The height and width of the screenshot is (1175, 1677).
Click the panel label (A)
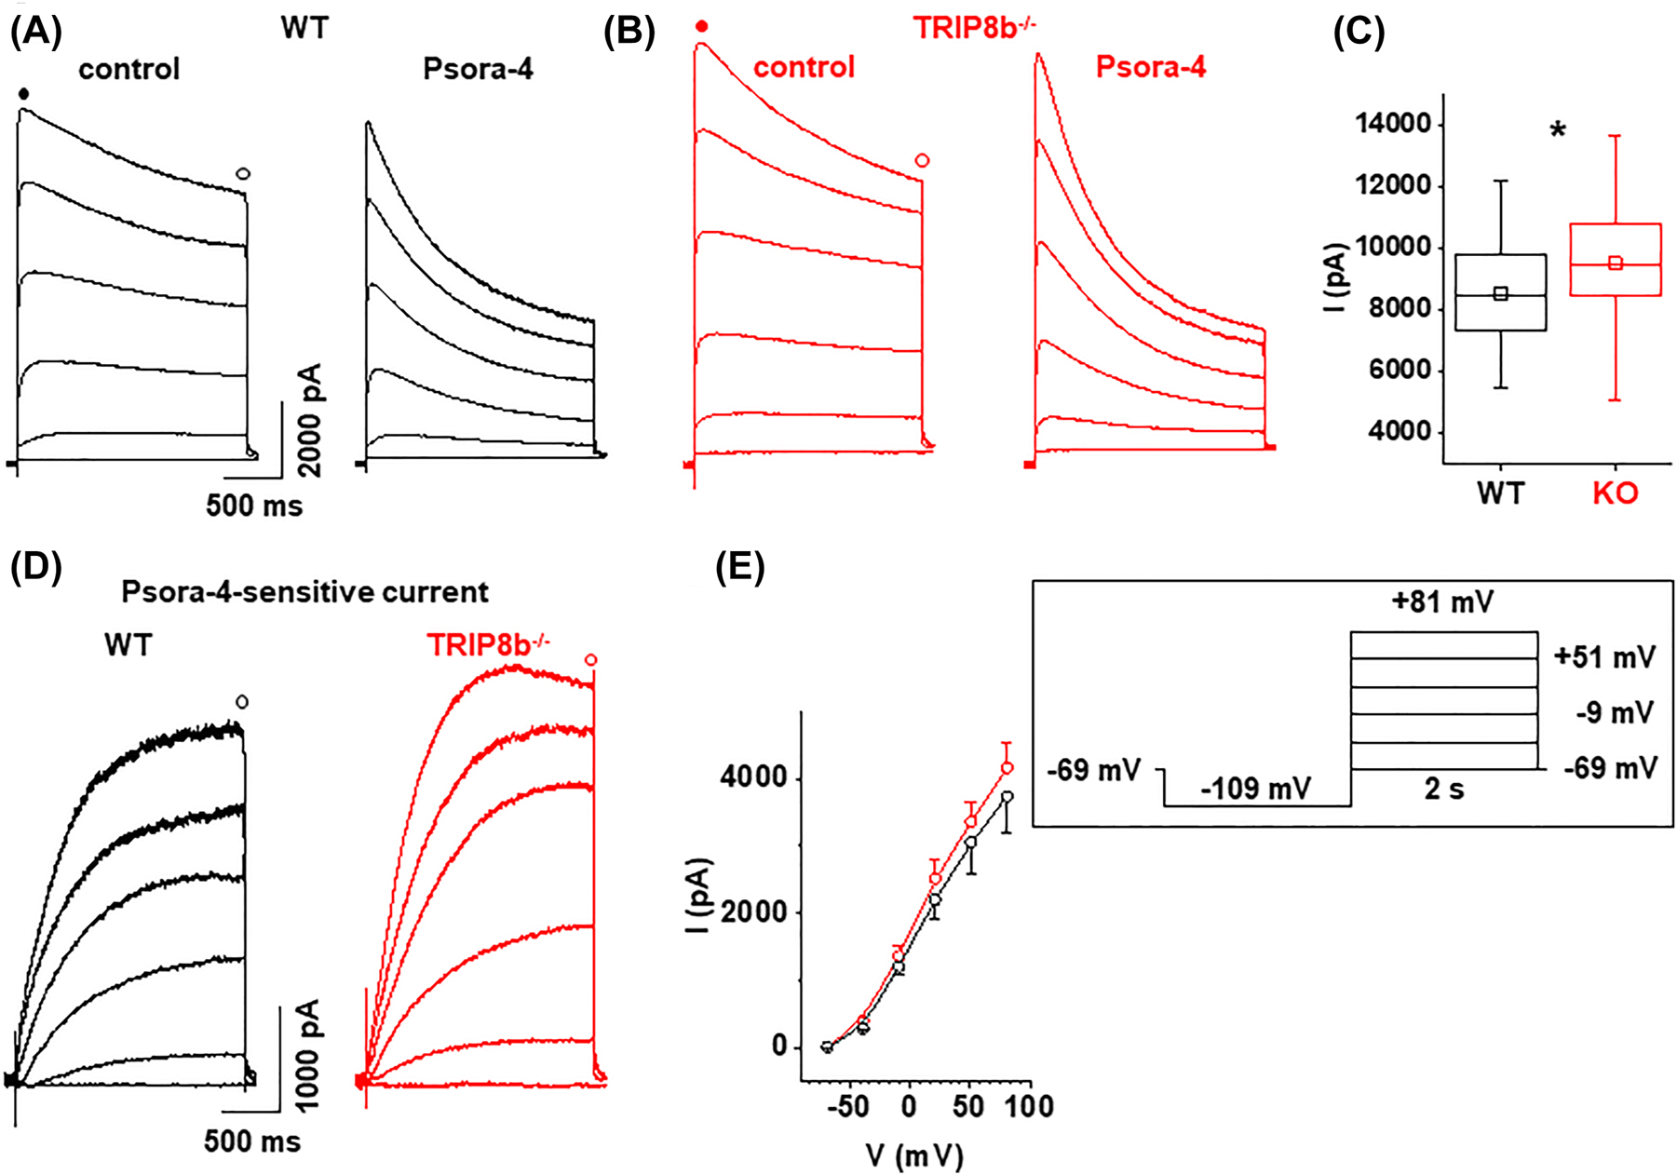click(x=35, y=33)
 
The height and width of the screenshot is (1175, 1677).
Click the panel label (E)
click(x=740, y=567)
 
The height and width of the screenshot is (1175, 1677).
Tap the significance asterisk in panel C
click(x=1557, y=131)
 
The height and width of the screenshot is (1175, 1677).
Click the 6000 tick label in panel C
click(x=1391, y=371)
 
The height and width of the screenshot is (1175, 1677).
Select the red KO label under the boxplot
click(x=1615, y=493)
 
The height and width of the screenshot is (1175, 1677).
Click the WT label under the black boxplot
click(x=1500, y=493)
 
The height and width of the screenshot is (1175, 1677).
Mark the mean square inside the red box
click(x=1616, y=263)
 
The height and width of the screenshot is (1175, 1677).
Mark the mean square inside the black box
click(x=1500, y=293)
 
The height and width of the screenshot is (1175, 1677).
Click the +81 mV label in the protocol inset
click(x=1442, y=602)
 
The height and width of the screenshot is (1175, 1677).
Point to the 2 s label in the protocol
click(x=1443, y=790)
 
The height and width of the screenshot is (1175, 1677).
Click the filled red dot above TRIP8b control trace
click(x=701, y=27)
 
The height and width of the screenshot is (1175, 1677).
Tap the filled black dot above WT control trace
click(x=24, y=93)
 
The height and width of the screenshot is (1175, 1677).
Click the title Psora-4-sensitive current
click(x=304, y=592)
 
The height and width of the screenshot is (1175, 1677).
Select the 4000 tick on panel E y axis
click(x=752, y=778)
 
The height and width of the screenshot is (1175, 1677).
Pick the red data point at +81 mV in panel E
click(x=1007, y=768)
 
